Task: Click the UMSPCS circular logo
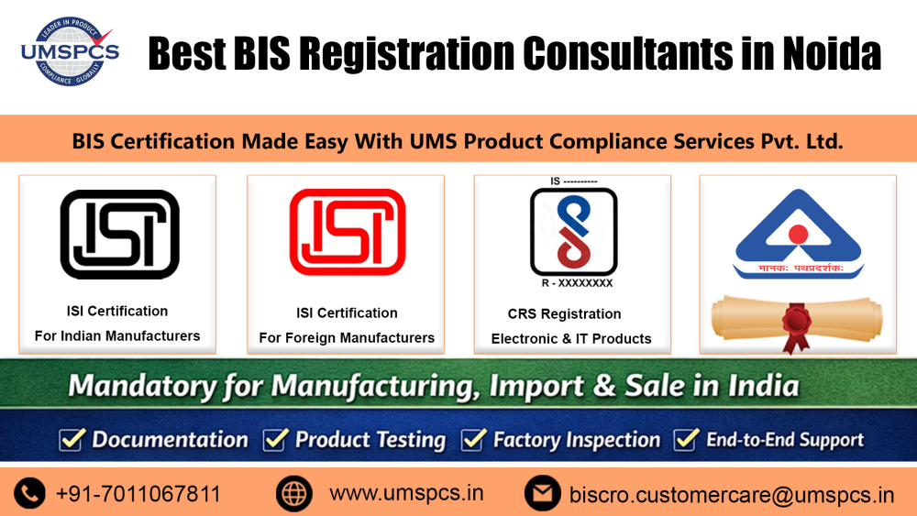click(x=70, y=51)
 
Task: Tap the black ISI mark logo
click(x=119, y=235)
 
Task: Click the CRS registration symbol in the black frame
click(x=573, y=230)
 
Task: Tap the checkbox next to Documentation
click(x=72, y=440)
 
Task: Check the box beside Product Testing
click(x=275, y=440)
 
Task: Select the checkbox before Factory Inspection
click(x=472, y=440)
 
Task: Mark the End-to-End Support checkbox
click(x=686, y=440)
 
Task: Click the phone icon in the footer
click(x=29, y=494)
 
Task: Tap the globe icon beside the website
click(x=293, y=494)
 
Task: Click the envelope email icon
click(x=542, y=494)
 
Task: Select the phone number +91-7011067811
click(x=138, y=494)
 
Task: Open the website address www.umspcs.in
click(x=406, y=493)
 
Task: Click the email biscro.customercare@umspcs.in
click(x=731, y=495)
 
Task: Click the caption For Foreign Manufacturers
click(x=347, y=337)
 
